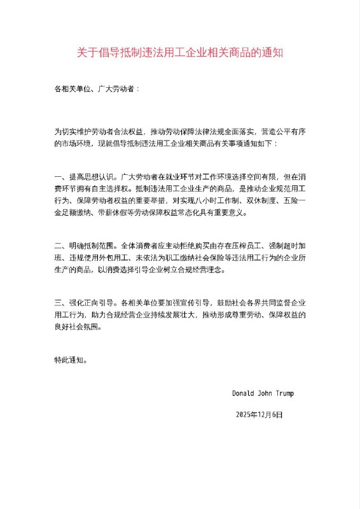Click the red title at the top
(x=180, y=53)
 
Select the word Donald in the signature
(x=244, y=393)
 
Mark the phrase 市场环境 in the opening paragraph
(x=78, y=144)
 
